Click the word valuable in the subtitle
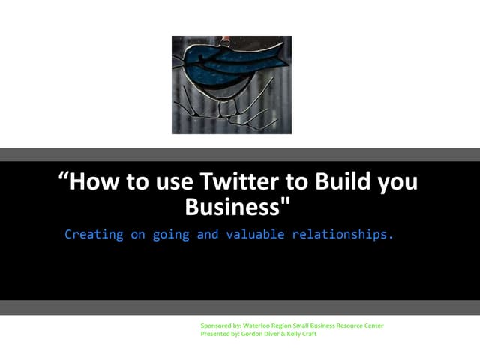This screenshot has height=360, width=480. (251, 234)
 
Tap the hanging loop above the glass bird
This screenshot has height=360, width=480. (217, 40)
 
